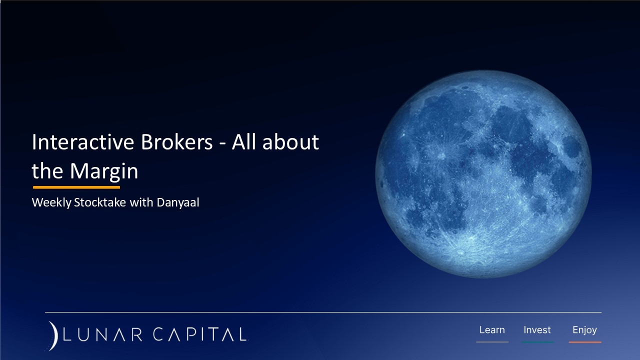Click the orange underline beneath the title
pyautogui.click(x=76, y=187)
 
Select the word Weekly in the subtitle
pyautogui.click(x=51, y=203)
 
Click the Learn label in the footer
pyautogui.click(x=492, y=330)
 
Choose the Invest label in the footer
pyautogui.click(x=537, y=330)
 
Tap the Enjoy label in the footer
pyautogui.click(x=584, y=330)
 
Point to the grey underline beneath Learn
pyautogui.click(x=492, y=342)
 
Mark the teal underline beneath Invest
pyautogui.click(x=537, y=342)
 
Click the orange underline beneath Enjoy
pyautogui.click(x=584, y=342)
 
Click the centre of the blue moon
pyautogui.click(x=483, y=173)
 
